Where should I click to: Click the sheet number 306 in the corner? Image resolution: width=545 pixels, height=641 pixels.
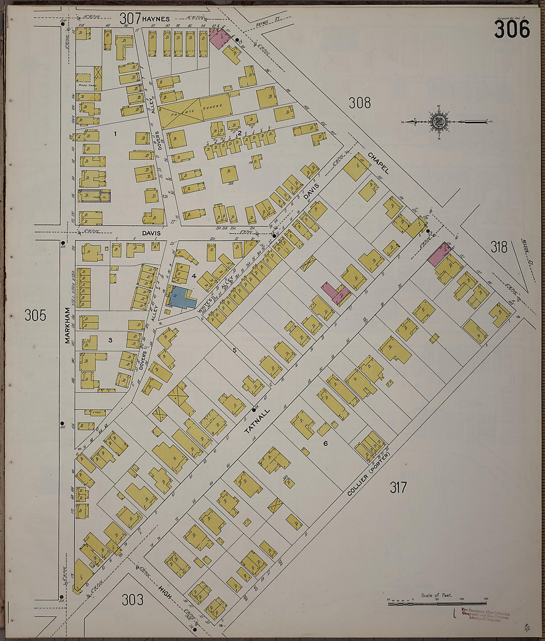pyautogui.click(x=512, y=30)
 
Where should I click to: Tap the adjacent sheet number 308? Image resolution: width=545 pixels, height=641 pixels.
pyautogui.click(x=359, y=103)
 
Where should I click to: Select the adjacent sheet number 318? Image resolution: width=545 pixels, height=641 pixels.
pyautogui.click(x=499, y=247)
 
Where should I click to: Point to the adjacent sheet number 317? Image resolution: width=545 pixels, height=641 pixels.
pyautogui.click(x=398, y=488)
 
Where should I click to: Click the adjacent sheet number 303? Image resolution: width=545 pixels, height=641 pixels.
pyautogui.click(x=133, y=600)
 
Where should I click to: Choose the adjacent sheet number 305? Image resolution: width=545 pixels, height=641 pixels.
pyautogui.click(x=35, y=315)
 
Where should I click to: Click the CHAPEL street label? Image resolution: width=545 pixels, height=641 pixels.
pyautogui.click(x=378, y=163)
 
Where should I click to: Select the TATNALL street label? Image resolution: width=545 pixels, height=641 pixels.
pyautogui.click(x=257, y=422)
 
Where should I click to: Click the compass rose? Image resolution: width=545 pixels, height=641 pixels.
pyautogui.click(x=438, y=121)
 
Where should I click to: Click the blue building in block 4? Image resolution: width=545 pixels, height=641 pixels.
pyautogui.click(x=181, y=299)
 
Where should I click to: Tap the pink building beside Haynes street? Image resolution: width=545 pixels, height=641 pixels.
pyautogui.click(x=218, y=38)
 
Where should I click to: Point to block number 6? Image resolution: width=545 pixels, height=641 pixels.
pyautogui.click(x=326, y=443)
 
